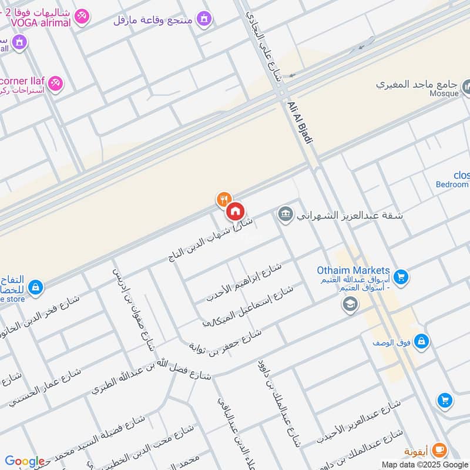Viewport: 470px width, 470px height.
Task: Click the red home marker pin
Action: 235,211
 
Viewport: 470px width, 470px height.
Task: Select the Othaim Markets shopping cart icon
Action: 401,276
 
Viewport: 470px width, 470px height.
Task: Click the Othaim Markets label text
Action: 353,270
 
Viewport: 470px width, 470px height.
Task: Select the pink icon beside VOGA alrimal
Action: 82,17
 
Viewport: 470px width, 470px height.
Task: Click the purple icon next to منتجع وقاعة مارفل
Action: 204,19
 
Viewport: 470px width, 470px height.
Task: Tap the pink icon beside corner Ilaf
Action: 56,83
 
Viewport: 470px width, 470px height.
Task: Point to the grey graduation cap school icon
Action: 350,304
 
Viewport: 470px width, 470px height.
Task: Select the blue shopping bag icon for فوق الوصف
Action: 421,341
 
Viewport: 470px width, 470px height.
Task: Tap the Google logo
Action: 25,461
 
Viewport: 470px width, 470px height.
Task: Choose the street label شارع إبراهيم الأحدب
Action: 244,282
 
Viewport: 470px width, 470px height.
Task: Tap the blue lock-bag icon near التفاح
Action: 35,287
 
